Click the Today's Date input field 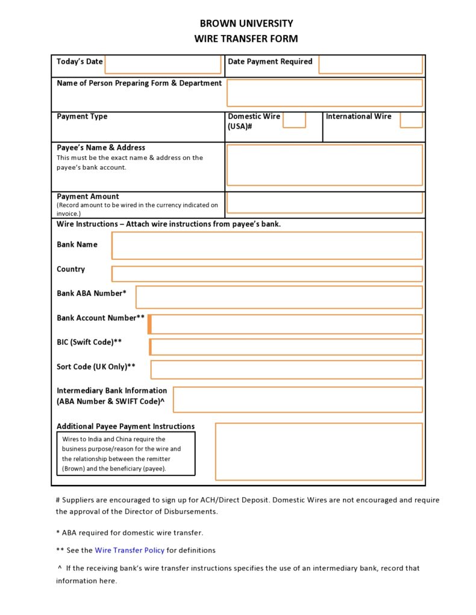[x=163, y=64]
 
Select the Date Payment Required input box [x=370, y=64]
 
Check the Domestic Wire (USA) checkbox [x=294, y=120]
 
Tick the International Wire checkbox [x=411, y=120]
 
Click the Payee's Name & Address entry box [x=324, y=165]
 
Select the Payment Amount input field [x=324, y=203]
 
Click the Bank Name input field [x=267, y=246]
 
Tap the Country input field [x=267, y=274]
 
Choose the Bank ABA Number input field [x=279, y=297]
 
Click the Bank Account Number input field [x=286, y=324]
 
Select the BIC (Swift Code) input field [x=286, y=347]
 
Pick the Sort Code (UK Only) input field [x=286, y=369]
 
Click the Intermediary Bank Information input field [x=298, y=400]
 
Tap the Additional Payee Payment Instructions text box [x=319, y=451]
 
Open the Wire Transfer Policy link [x=130, y=550]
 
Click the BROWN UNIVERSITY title [x=246, y=23]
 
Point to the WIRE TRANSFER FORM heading [x=246, y=39]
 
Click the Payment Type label [x=82, y=117]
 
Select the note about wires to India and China [x=125, y=454]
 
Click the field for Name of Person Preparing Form [x=324, y=93]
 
